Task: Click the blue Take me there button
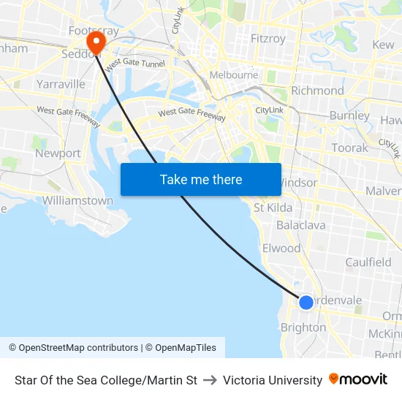[x=201, y=179]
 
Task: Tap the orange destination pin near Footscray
[x=96, y=43]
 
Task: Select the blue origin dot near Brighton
[x=306, y=302]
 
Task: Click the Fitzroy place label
[x=269, y=37]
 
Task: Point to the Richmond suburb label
[x=317, y=91]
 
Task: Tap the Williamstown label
[x=77, y=200]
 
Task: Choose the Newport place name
[x=58, y=153]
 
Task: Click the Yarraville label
[x=61, y=84]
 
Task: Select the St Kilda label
[x=273, y=208]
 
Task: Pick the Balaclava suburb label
[x=300, y=225]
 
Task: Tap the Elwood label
[x=281, y=249]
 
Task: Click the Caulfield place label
[x=368, y=262]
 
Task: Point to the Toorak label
[x=350, y=148]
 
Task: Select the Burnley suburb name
[x=349, y=115]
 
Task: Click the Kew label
[x=383, y=45]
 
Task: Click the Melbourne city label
[x=233, y=75]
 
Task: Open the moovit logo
[x=358, y=379]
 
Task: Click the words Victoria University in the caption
[x=273, y=380]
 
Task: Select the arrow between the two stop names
[x=210, y=380]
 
